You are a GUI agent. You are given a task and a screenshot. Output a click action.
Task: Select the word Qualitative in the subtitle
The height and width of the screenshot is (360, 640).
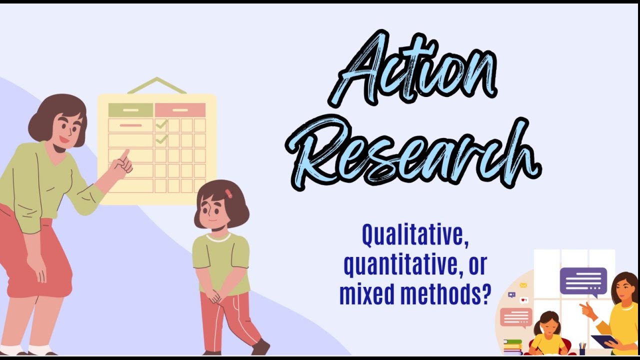(x=414, y=236)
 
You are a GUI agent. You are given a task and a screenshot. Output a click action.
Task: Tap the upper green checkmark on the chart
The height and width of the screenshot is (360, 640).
(x=161, y=123)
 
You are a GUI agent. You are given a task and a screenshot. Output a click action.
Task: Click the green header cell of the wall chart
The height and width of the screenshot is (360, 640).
(x=130, y=110)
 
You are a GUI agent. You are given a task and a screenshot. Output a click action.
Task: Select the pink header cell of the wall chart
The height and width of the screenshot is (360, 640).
(x=180, y=110)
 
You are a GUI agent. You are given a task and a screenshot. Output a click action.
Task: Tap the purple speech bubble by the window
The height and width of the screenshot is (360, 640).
(x=583, y=281)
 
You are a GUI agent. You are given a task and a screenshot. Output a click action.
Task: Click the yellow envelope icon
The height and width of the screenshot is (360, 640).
(x=523, y=285)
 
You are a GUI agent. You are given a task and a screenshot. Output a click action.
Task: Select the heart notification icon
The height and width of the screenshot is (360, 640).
(x=523, y=300)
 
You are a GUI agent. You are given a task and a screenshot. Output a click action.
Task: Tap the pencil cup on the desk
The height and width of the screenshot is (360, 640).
(x=582, y=349)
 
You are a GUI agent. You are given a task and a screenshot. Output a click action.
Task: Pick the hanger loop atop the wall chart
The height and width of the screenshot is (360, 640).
(x=156, y=85)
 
